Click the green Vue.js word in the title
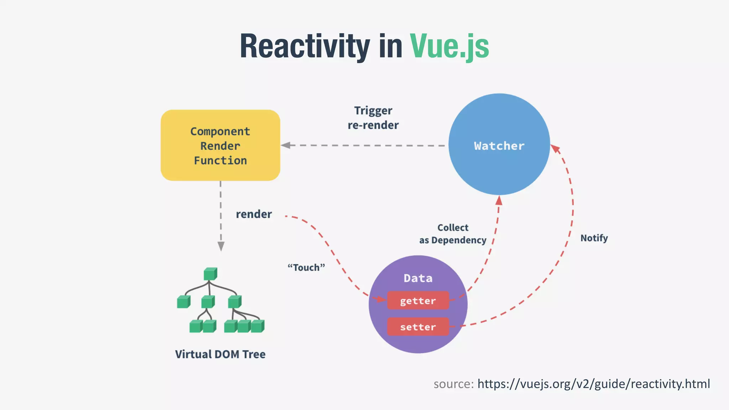449,46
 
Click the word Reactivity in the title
305,46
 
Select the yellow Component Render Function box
220,145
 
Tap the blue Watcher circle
499,144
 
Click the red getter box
418,301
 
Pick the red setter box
418,327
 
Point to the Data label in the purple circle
418,278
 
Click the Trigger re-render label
373,118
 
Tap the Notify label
594,238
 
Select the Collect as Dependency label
452,234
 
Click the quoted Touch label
306,267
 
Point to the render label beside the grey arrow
254,214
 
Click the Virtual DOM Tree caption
220,354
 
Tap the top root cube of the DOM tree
210,274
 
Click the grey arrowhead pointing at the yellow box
285,145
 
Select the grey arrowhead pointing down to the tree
221,246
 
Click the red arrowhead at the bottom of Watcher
499,200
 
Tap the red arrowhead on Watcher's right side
555,148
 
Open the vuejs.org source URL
593,384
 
